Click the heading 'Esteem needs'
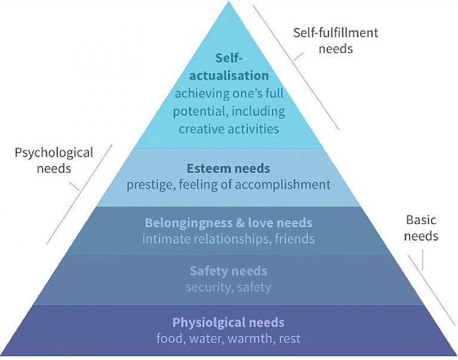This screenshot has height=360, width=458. (228, 169)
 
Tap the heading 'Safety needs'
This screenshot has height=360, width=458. (228, 271)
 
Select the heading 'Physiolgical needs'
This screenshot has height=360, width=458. (228, 322)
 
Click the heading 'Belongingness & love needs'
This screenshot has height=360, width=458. (228, 223)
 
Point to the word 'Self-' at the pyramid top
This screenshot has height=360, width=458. (229, 58)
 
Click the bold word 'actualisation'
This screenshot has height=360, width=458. (229, 76)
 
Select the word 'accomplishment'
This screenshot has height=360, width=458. (283, 185)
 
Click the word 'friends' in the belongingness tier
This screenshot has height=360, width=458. (295, 239)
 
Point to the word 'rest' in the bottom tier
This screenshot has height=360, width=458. (290, 339)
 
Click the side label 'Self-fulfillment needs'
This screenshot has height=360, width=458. (336, 41)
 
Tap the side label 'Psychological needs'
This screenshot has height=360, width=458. (54, 161)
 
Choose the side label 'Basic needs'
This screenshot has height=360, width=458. (421, 228)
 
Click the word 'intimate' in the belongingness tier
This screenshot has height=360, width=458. (166, 239)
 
